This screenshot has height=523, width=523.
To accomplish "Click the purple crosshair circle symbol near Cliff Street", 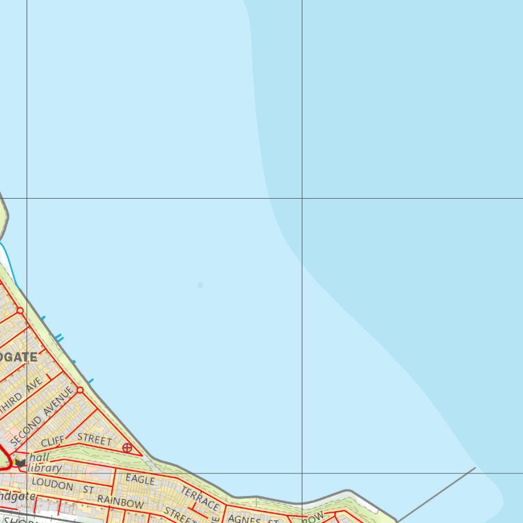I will (x=127, y=448).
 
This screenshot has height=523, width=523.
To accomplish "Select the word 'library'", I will (x=45, y=468).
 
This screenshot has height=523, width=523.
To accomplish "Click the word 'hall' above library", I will (x=39, y=458).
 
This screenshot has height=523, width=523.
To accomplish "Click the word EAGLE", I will (x=140, y=480).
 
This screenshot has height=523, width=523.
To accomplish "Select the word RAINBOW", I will (x=121, y=502).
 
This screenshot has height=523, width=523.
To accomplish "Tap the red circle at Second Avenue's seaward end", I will (x=80, y=390).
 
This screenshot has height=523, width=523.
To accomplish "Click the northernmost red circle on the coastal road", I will (x=20, y=311).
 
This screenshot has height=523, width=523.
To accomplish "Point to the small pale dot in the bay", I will (x=200, y=285).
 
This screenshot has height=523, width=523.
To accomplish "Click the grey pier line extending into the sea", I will (x=437, y=494).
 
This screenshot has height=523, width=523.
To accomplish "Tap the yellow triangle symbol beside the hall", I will (x=16, y=459).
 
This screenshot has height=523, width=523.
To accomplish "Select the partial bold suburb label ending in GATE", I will (x=18, y=357).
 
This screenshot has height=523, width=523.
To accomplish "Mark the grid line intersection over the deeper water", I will (x=302, y=198).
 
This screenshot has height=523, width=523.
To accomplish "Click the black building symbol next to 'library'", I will (x=20, y=463).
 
